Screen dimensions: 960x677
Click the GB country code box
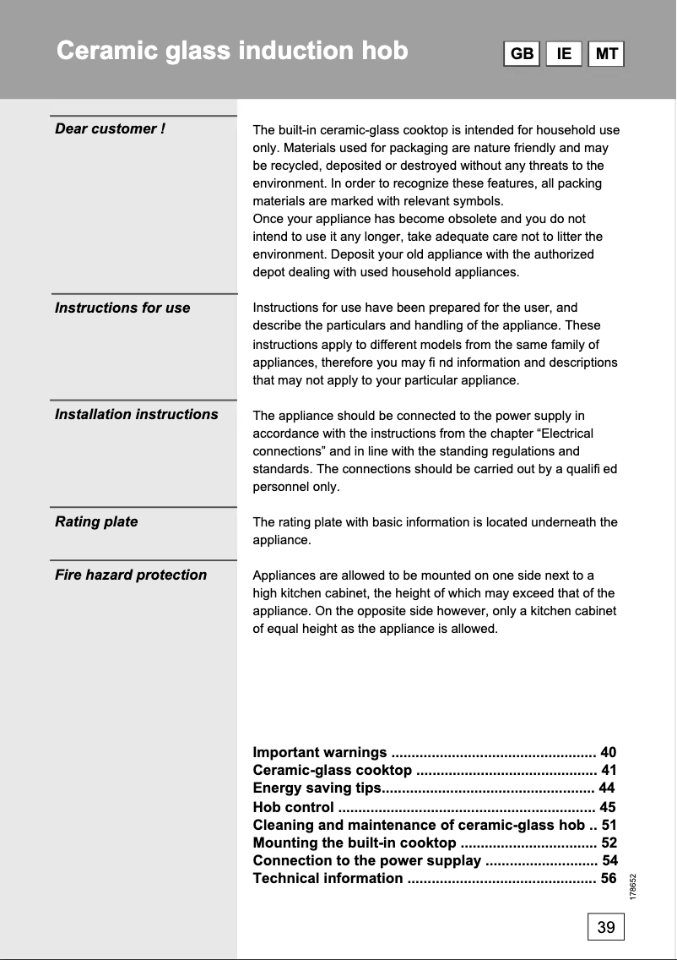(x=523, y=54)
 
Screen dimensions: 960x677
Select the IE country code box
(x=564, y=54)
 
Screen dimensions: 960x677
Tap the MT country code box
(x=606, y=54)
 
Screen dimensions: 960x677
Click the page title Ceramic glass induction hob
(x=232, y=51)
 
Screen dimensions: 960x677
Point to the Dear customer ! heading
(x=110, y=128)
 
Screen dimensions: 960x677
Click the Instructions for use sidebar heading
(x=122, y=308)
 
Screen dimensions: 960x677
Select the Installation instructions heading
(x=136, y=414)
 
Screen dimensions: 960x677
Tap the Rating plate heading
(x=96, y=521)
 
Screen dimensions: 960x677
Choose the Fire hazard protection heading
(x=131, y=575)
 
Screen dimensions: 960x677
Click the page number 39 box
(x=606, y=927)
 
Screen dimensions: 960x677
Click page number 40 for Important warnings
(x=609, y=752)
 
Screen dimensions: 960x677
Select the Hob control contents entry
(x=293, y=807)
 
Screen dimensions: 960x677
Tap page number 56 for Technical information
(x=609, y=878)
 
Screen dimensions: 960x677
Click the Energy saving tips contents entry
(x=317, y=788)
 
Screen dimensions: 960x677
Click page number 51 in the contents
(x=609, y=825)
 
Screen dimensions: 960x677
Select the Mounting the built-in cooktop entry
(x=355, y=843)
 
